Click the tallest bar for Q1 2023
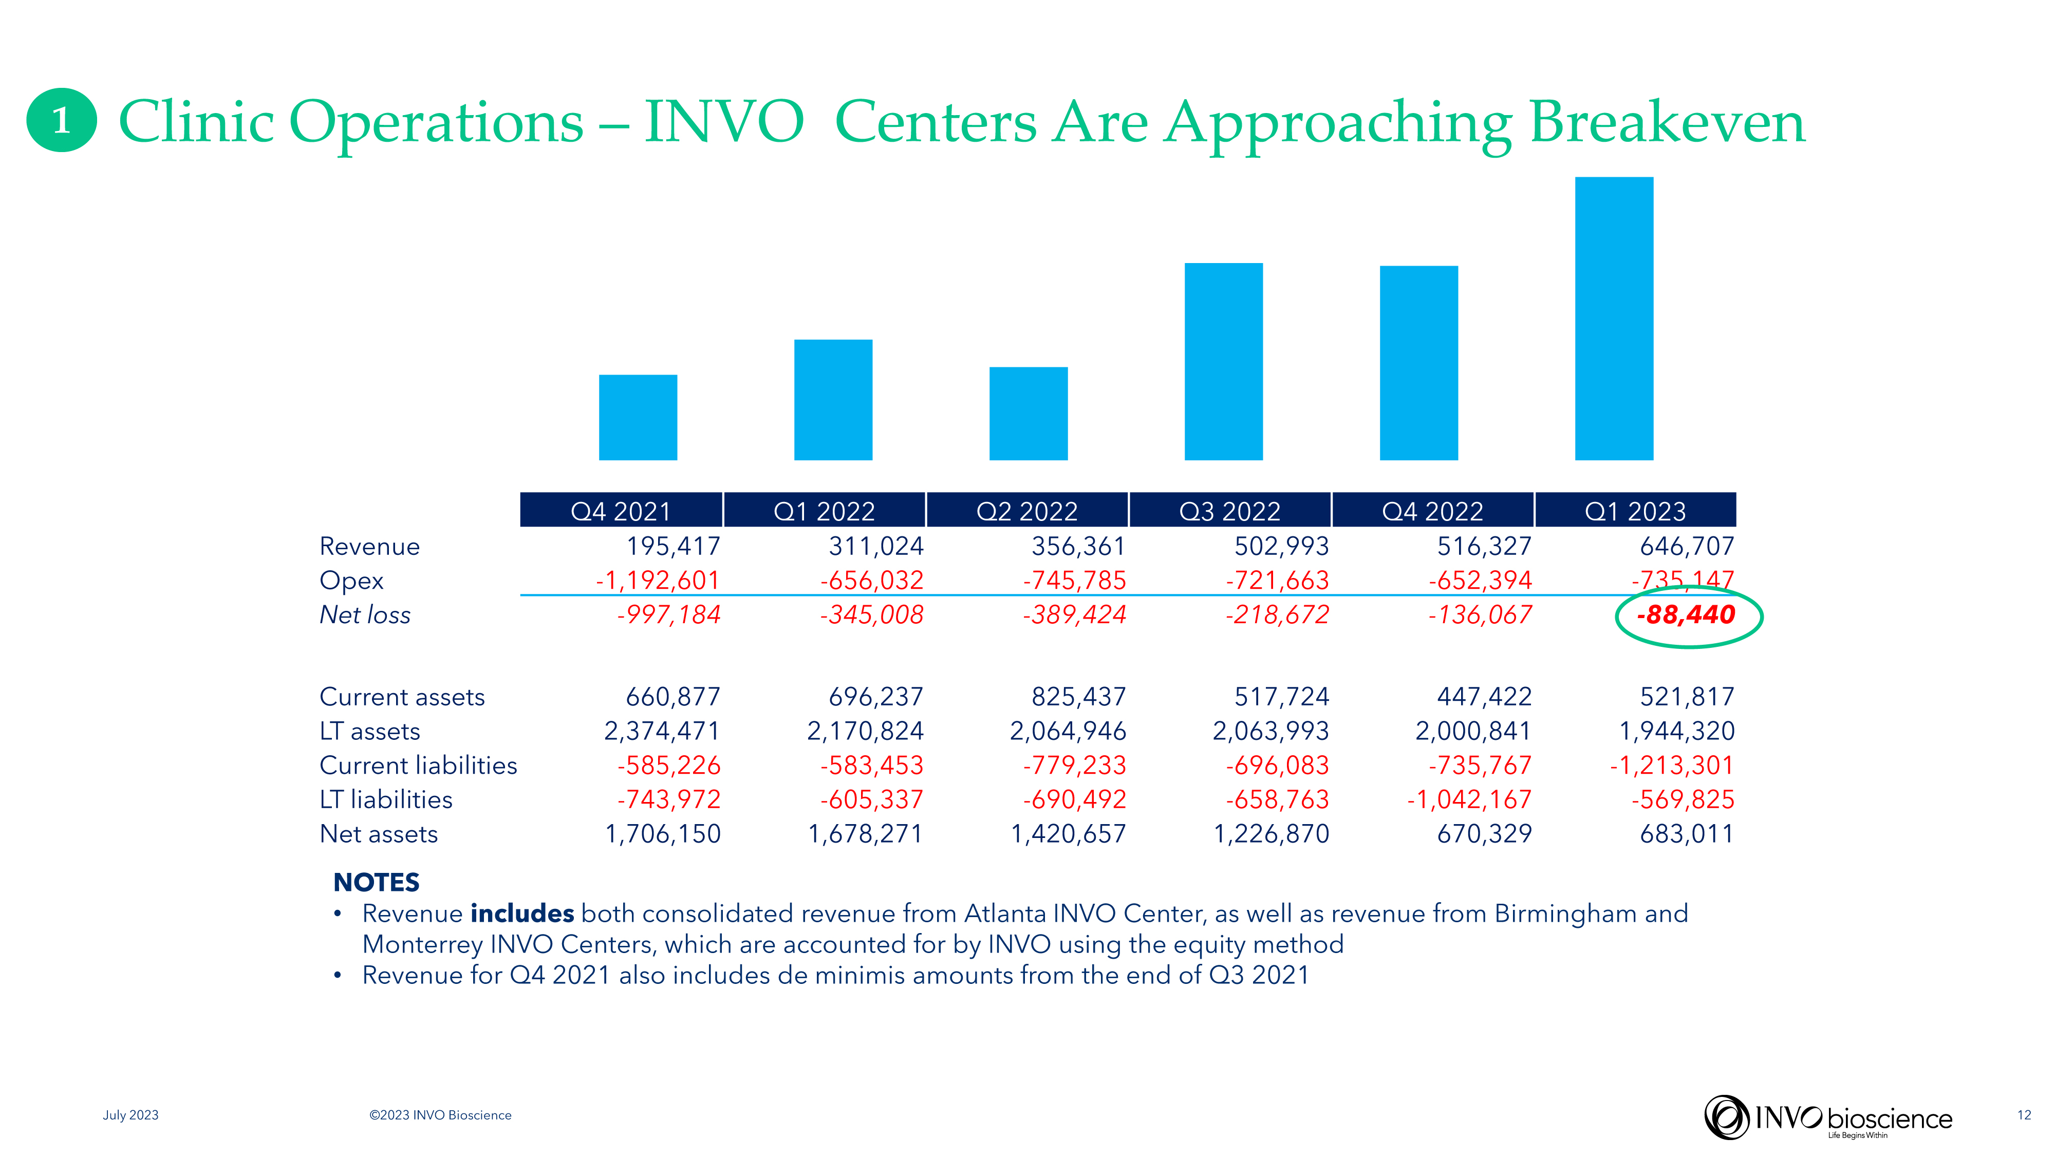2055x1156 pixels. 1613,319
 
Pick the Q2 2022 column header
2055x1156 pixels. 1026,511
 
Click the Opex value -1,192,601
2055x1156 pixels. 658,581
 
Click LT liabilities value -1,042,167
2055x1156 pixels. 1469,799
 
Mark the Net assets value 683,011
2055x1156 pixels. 1687,834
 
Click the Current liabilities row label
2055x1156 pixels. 418,766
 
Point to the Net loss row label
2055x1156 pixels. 365,615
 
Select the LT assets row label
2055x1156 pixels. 369,732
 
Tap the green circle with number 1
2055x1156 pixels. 62,120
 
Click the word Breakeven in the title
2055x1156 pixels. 1667,124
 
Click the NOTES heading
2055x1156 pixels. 376,882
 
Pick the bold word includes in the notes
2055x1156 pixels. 522,913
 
